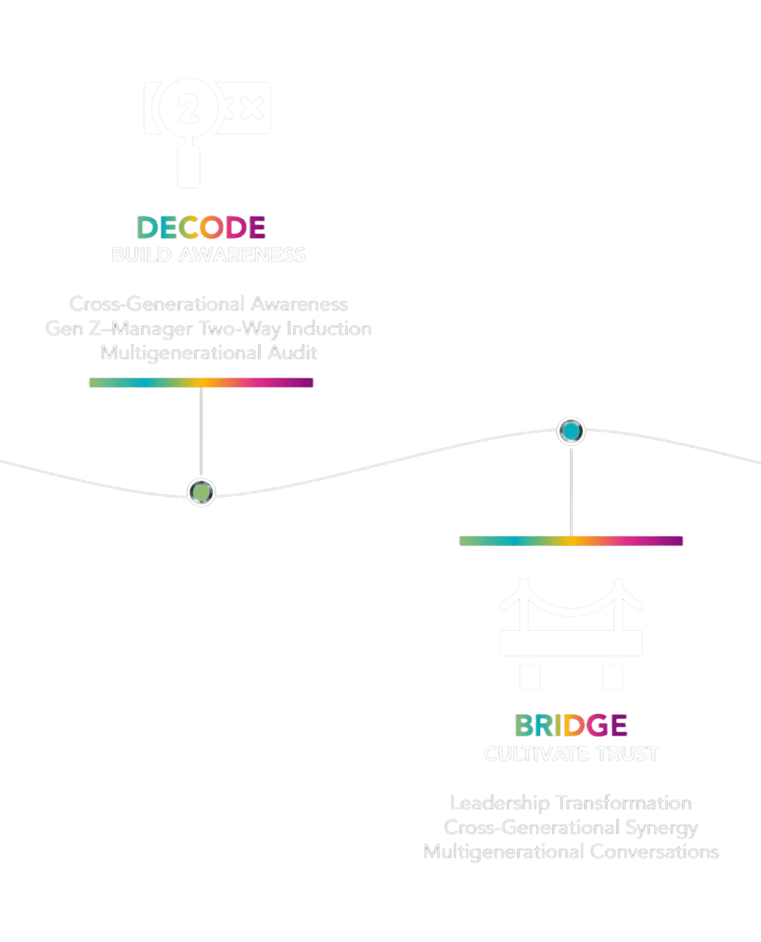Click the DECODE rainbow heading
coord(201,227)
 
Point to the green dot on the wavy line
coord(201,492)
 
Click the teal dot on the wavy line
coord(571,431)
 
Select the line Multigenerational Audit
coord(209,353)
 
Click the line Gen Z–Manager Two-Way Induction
coord(208,329)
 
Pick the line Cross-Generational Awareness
coord(208,304)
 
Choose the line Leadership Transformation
coord(571,803)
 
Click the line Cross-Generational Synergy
coord(571,828)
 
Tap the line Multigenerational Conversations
coord(571,852)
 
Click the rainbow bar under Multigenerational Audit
coord(201,383)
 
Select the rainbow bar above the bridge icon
coord(571,541)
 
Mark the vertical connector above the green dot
coord(201,433)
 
